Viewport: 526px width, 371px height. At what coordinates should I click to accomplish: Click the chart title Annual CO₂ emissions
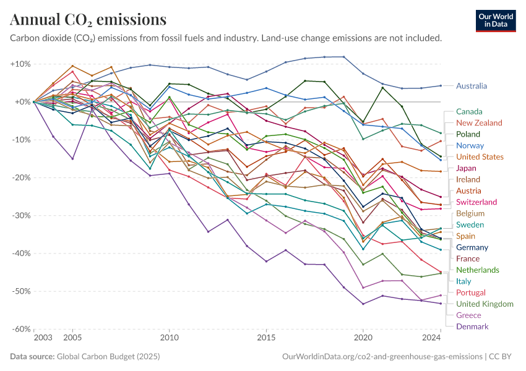click(x=88, y=20)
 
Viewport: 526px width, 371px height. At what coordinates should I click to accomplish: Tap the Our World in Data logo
click(x=496, y=20)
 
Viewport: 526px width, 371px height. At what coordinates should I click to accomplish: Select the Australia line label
click(x=472, y=86)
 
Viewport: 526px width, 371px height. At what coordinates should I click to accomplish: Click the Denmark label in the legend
click(x=472, y=326)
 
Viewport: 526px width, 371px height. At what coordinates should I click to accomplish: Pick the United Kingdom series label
click(x=485, y=304)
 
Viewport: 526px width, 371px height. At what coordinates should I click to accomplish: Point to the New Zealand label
click(x=479, y=122)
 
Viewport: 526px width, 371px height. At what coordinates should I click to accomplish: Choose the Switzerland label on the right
click(x=476, y=202)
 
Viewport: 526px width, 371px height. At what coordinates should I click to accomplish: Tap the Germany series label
click(x=472, y=247)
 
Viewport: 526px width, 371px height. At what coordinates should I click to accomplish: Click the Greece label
click(x=468, y=315)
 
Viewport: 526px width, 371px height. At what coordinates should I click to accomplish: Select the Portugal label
click(x=471, y=292)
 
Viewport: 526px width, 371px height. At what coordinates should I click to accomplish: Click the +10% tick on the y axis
click(x=20, y=64)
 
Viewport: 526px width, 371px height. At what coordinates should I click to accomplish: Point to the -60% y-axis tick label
click(x=21, y=329)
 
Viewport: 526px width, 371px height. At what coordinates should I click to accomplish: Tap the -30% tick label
click(x=21, y=216)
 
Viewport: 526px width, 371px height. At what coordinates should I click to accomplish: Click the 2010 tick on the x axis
click(x=169, y=339)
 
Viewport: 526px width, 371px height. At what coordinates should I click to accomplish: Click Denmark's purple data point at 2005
click(x=72, y=159)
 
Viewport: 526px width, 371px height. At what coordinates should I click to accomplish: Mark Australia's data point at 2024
click(x=440, y=85)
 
